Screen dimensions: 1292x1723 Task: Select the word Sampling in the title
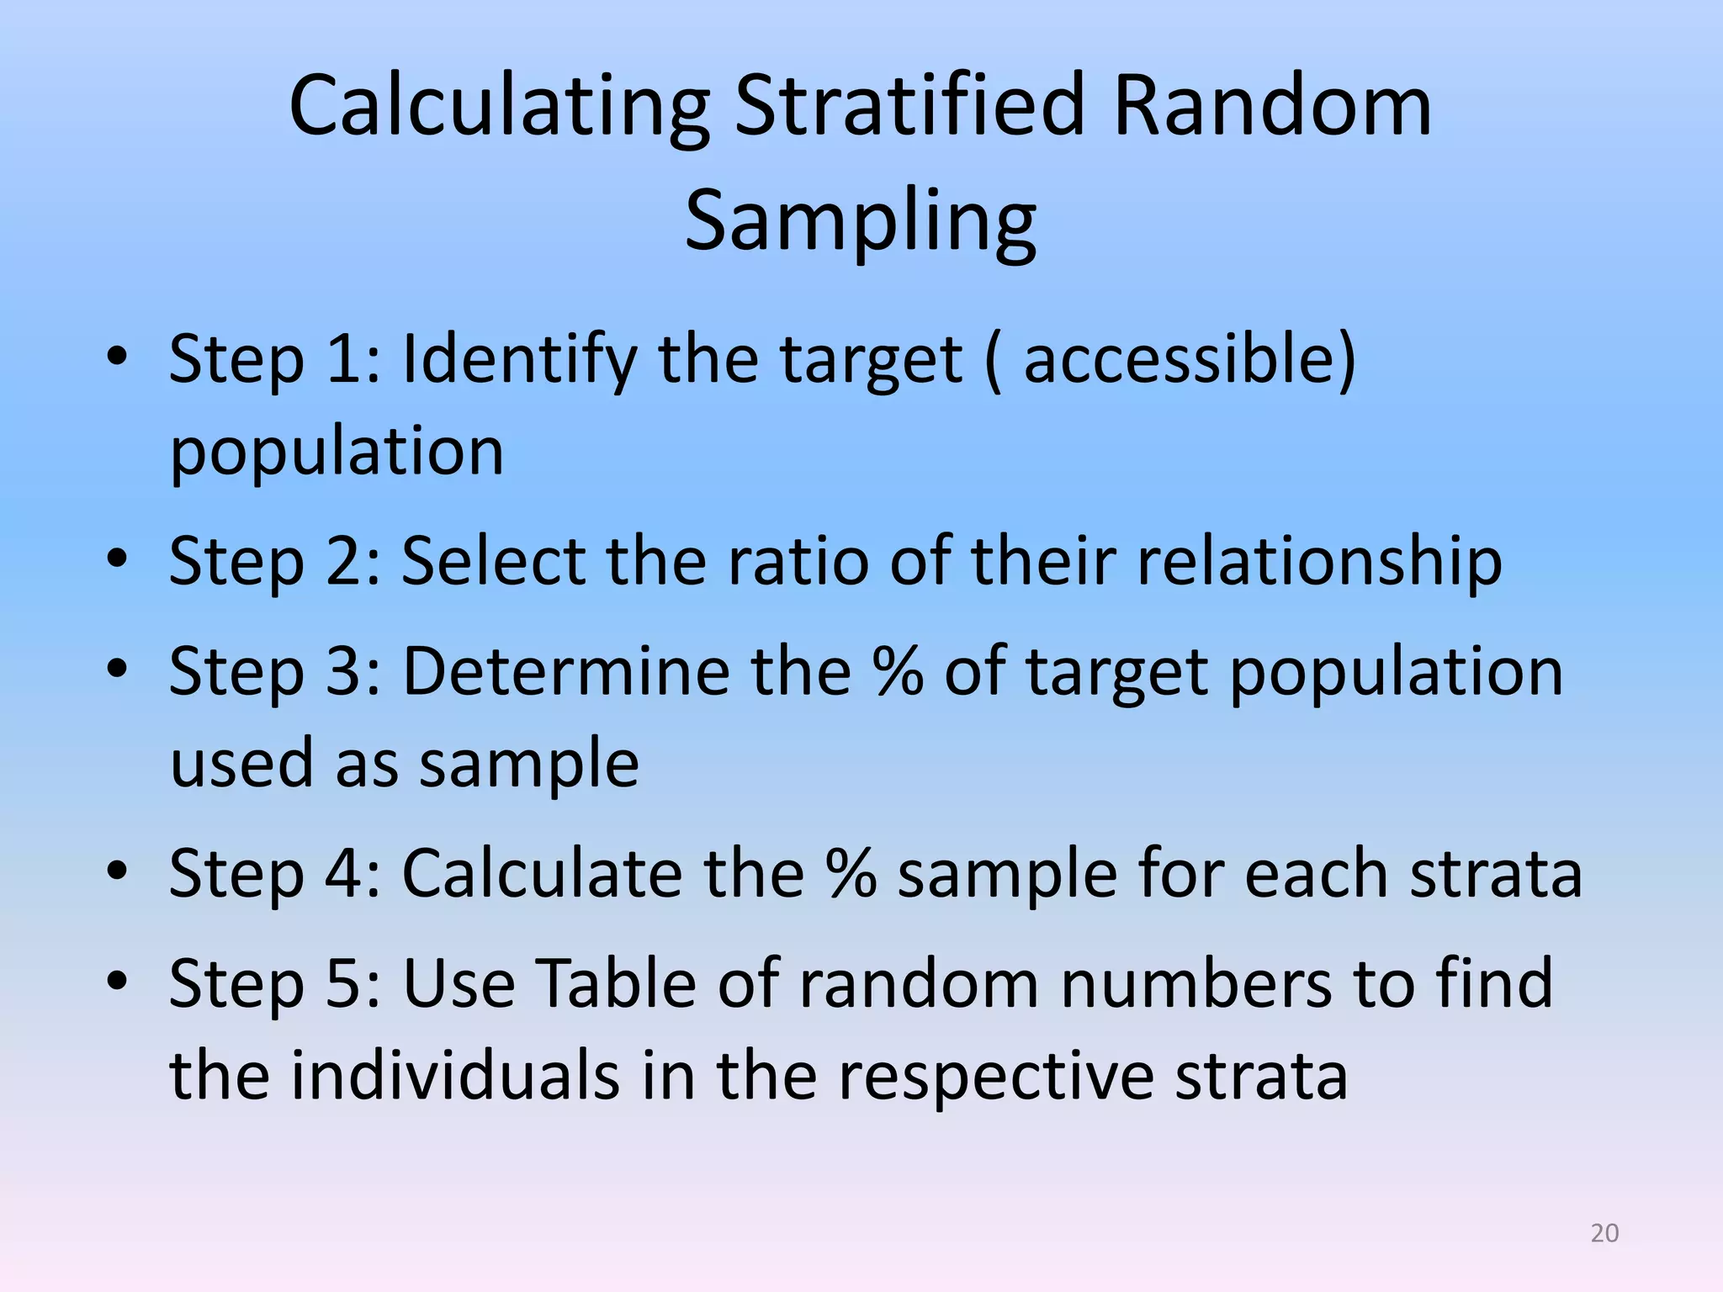click(x=860, y=221)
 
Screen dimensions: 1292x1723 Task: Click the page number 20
click(x=1604, y=1233)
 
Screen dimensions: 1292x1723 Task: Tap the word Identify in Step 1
click(x=519, y=360)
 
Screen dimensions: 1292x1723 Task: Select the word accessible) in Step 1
click(x=1190, y=360)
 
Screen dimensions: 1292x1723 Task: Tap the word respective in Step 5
click(x=996, y=1077)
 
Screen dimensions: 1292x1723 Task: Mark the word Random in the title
click(x=1272, y=107)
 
